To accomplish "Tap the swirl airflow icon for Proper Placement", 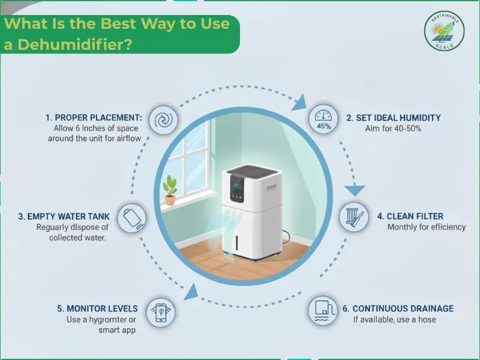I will pos(163,121).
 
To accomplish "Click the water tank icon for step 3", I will pos(130,218).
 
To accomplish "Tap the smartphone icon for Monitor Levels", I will pos(161,312).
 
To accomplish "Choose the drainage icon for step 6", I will pos(323,311).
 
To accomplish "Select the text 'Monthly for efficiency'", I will pos(426,227).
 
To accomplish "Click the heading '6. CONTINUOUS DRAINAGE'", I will pos(398,308).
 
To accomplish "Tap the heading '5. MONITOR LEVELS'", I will pos(97,308).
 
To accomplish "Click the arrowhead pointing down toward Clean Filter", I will pos(356,191).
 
